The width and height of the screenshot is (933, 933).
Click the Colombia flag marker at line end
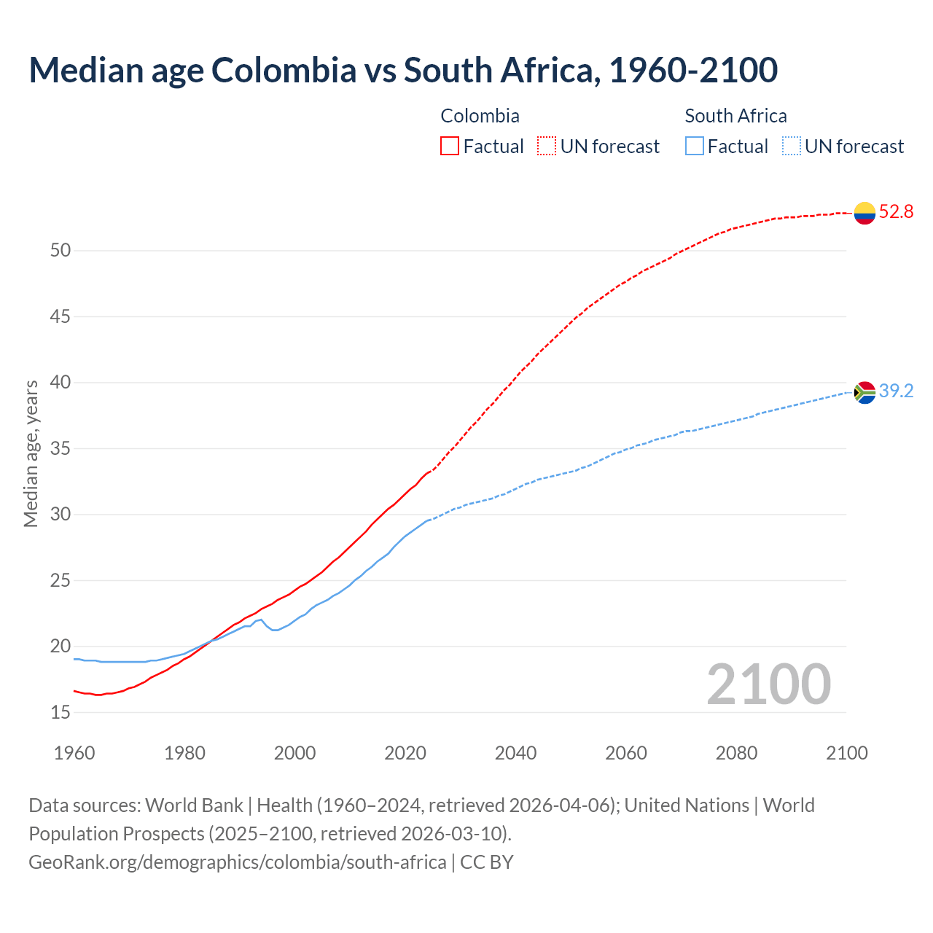coord(864,213)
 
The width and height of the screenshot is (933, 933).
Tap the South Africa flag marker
coord(864,392)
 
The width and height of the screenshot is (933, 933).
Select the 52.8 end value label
coord(896,212)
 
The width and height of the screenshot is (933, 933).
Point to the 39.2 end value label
coord(896,391)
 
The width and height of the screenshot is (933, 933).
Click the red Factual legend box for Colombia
coord(450,147)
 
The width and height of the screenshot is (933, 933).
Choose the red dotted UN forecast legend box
coord(547,147)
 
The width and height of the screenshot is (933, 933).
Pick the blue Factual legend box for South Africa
coord(695,147)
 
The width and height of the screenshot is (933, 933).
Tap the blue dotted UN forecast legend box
coord(791,147)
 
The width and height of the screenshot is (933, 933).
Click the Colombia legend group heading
coord(480,116)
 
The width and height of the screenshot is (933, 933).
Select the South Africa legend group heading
coord(735,116)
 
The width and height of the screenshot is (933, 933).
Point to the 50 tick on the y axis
coord(60,251)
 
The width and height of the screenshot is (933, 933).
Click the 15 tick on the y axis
coord(60,712)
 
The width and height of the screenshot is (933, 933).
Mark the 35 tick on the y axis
coord(60,448)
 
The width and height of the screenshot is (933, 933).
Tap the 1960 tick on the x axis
coord(74,753)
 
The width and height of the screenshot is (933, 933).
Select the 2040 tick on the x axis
coord(515,753)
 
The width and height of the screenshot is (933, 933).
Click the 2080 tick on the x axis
coord(736,753)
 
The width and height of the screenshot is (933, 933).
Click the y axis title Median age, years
coord(31,453)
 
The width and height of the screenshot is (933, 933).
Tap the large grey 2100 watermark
coord(768,684)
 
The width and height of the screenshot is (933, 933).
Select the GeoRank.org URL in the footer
coord(237,862)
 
